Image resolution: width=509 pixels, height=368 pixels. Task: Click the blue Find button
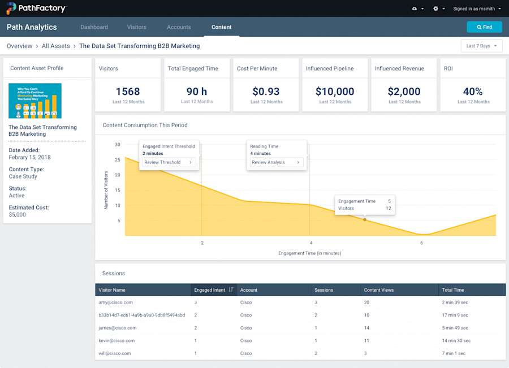click(484, 27)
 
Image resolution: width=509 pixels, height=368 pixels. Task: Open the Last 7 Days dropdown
click(481, 46)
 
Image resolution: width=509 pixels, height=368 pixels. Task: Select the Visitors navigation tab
click(136, 27)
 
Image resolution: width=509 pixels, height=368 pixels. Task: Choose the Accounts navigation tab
click(179, 27)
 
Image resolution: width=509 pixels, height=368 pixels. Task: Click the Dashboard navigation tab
click(94, 27)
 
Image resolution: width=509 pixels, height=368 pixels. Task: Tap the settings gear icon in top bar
click(435, 9)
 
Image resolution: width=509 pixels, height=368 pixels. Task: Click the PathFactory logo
click(36, 8)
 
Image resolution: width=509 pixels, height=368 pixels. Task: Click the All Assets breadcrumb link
click(55, 46)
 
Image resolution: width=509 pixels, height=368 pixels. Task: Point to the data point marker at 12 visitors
click(365, 219)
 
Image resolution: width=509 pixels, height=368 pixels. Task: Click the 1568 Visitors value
click(127, 92)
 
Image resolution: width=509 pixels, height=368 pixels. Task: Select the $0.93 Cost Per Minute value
click(265, 92)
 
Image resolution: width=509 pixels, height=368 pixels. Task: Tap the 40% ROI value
click(473, 92)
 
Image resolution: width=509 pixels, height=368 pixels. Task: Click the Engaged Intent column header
click(210, 290)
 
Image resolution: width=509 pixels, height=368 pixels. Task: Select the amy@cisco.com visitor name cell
click(116, 302)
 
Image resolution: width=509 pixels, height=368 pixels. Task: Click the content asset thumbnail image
click(35, 101)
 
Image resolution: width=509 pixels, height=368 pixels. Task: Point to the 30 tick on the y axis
click(118, 145)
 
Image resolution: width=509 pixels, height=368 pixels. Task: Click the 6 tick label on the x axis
click(421, 243)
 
